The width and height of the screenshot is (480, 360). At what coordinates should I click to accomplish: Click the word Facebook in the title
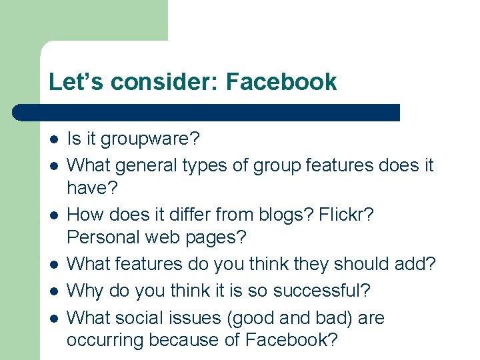point(281,82)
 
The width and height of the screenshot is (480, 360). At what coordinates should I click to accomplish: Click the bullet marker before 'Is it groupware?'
point(53,139)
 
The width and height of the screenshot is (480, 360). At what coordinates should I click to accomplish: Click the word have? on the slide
point(92,189)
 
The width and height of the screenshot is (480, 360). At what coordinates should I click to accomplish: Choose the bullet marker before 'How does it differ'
point(53,215)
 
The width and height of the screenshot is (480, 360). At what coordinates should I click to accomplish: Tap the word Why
point(85,291)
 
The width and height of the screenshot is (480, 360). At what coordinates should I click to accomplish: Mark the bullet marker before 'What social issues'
point(53,318)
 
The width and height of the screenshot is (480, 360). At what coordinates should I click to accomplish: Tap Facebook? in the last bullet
point(291,340)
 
